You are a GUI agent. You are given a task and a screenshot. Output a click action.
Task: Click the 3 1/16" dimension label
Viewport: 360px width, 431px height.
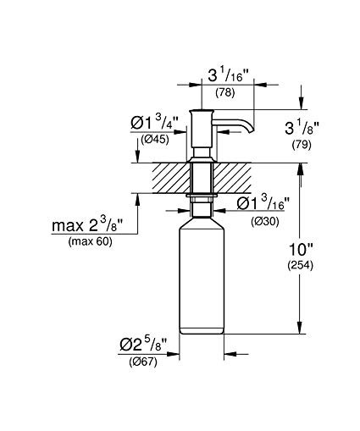coord(229,75)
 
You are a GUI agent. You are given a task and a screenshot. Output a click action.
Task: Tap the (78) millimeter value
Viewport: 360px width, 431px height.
coord(225,92)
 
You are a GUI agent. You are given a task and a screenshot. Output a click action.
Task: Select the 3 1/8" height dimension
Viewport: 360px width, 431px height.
coord(302,128)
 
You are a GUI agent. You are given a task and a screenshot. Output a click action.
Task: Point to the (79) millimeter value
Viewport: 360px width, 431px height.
coord(302,145)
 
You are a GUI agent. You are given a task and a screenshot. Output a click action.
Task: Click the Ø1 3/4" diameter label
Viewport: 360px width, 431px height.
coord(154,123)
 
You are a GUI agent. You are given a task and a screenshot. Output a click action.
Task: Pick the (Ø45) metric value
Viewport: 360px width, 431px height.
coord(155,139)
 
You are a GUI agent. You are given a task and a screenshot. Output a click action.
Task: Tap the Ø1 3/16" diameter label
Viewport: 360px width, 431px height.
coord(263,203)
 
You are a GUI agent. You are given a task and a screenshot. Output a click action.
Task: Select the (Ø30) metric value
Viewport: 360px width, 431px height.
coord(265,222)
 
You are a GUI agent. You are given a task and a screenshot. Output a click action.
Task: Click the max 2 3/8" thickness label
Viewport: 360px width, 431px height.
coord(87,225)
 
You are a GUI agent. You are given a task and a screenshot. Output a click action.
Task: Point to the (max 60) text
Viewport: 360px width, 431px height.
coord(90,241)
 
